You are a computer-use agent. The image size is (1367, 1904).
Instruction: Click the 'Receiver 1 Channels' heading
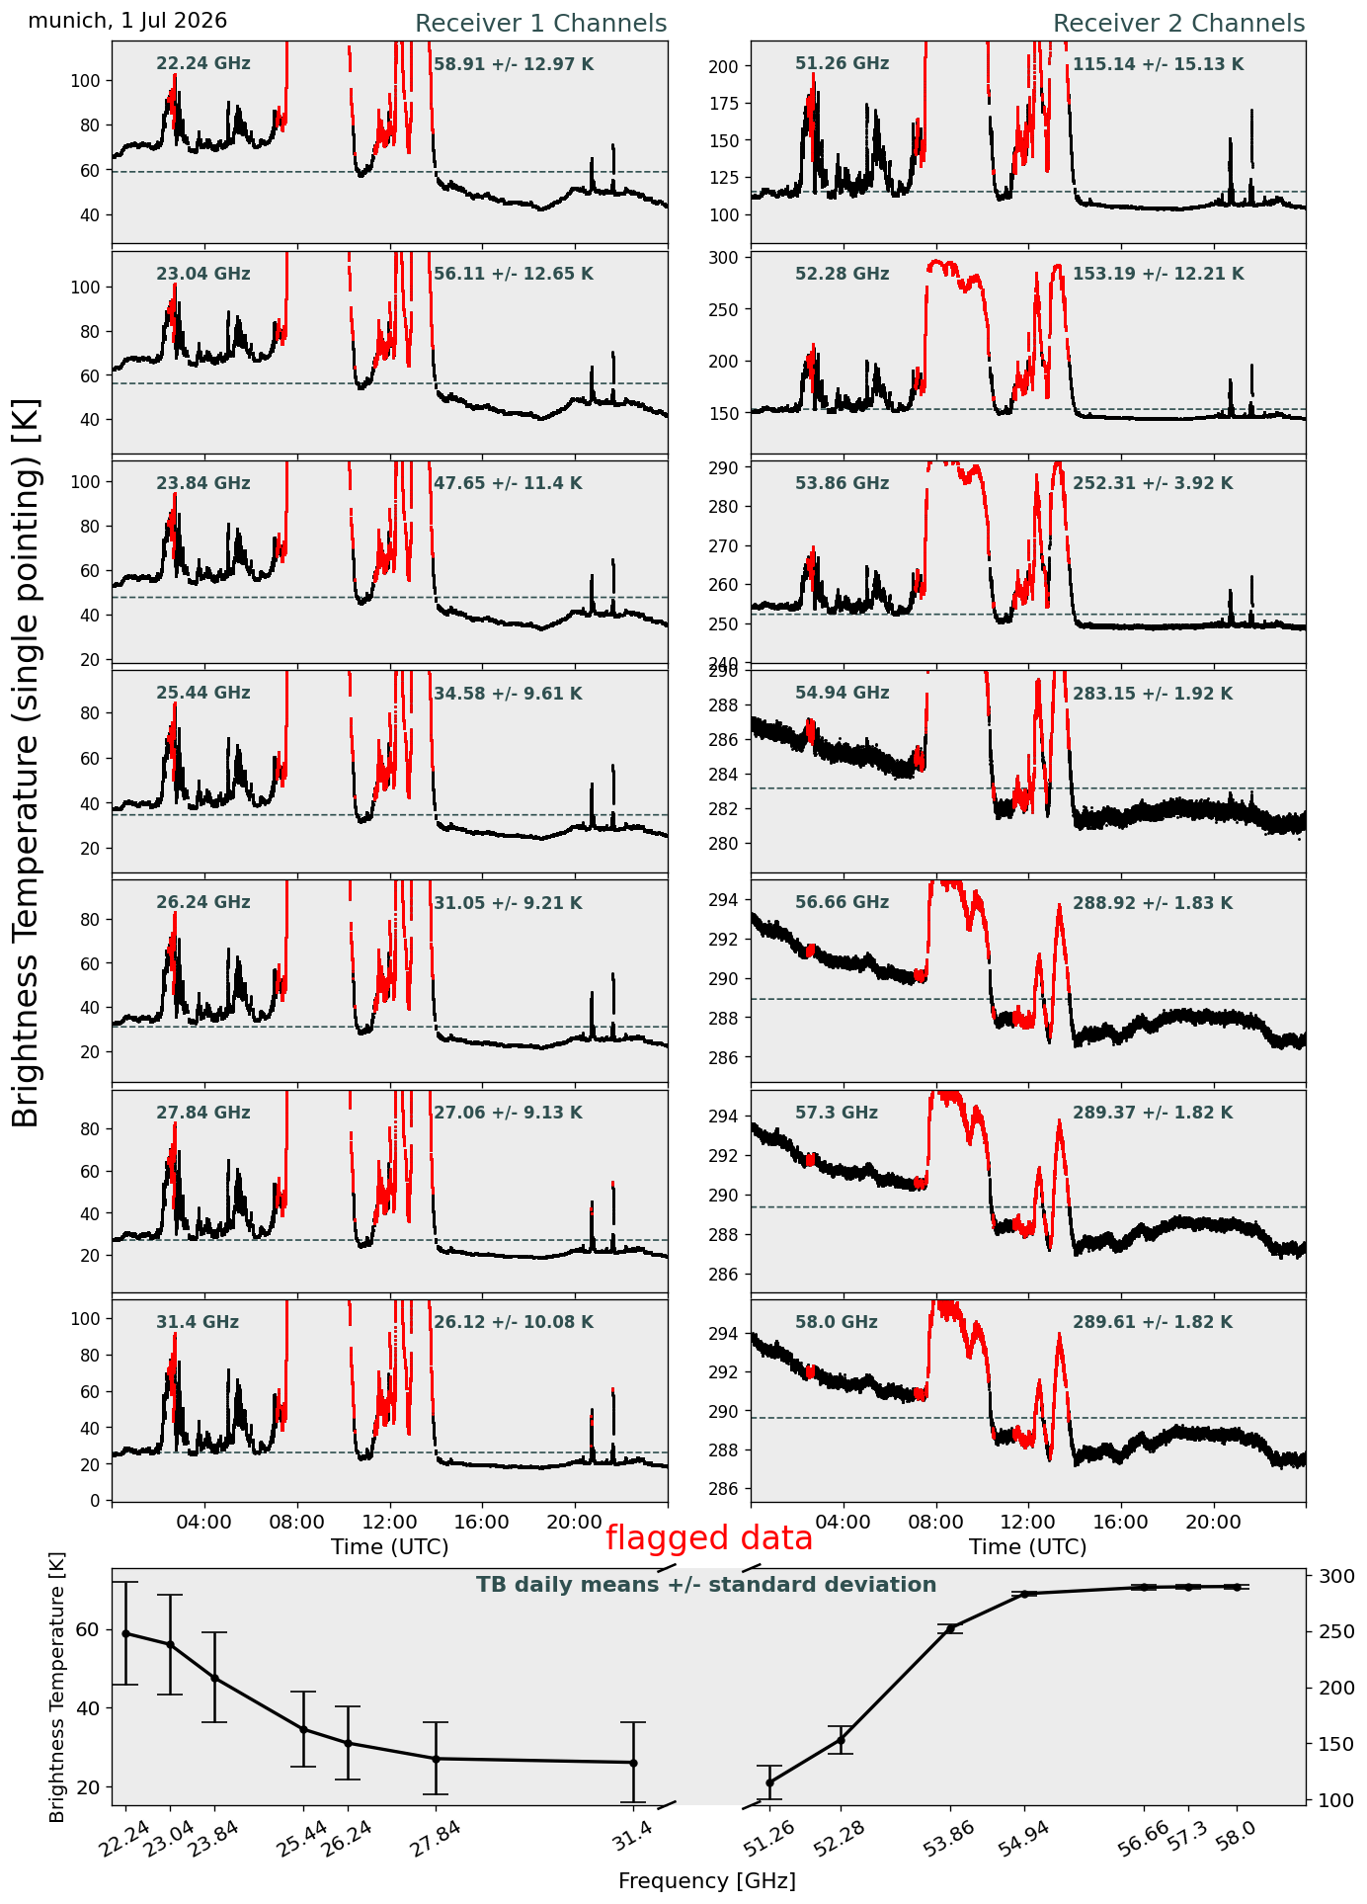point(540,24)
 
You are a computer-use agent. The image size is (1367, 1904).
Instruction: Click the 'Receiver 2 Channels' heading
point(1178,24)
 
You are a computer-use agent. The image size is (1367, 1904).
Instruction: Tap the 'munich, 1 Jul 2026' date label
point(127,21)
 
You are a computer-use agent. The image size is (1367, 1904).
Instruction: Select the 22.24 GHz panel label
point(203,64)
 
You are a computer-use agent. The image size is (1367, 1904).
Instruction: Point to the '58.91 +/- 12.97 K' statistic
point(514,64)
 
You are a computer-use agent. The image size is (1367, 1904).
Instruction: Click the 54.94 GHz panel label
point(842,693)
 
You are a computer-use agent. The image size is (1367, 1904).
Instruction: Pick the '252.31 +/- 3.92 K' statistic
point(1153,483)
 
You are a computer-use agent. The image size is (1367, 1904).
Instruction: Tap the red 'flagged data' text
point(709,1538)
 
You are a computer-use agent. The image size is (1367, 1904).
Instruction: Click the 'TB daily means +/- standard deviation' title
point(706,1585)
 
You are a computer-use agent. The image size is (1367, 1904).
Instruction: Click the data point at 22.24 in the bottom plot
point(125,1633)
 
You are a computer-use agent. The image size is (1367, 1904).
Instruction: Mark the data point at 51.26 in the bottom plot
point(769,1782)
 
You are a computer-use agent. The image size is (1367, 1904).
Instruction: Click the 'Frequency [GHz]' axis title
point(707,1880)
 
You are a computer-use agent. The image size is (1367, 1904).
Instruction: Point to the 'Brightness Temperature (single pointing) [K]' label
point(27,763)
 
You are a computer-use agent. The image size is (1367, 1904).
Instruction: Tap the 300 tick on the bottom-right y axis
point(1329,1576)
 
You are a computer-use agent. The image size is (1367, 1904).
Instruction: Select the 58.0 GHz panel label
point(836,1322)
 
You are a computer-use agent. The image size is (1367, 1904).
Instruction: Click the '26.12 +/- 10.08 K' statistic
point(514,1322)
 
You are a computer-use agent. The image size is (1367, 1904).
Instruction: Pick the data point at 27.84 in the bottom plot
point(436,1759)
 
